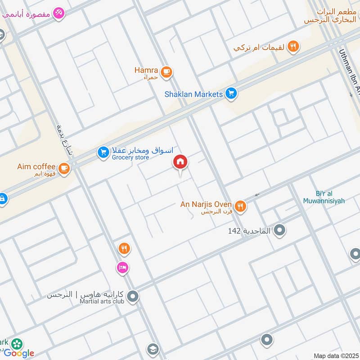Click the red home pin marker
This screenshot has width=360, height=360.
[180, 162]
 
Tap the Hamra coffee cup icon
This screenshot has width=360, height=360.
[166, 71]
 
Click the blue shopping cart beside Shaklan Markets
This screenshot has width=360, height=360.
[231, 94]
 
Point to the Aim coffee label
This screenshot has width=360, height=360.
[36, 166]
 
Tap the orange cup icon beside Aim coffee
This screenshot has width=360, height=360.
[64, 168]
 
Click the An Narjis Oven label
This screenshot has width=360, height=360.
[206, 204]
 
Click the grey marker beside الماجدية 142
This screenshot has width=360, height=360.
[280, 231]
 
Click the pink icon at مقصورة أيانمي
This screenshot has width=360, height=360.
[58, 13]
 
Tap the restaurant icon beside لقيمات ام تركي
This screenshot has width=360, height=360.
[293, 46]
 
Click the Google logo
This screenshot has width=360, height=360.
[19, 353]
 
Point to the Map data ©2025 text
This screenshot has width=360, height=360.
[335, 355]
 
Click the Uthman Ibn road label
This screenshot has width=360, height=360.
[352, 72]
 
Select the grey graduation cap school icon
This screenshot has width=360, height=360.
[153, 350]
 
